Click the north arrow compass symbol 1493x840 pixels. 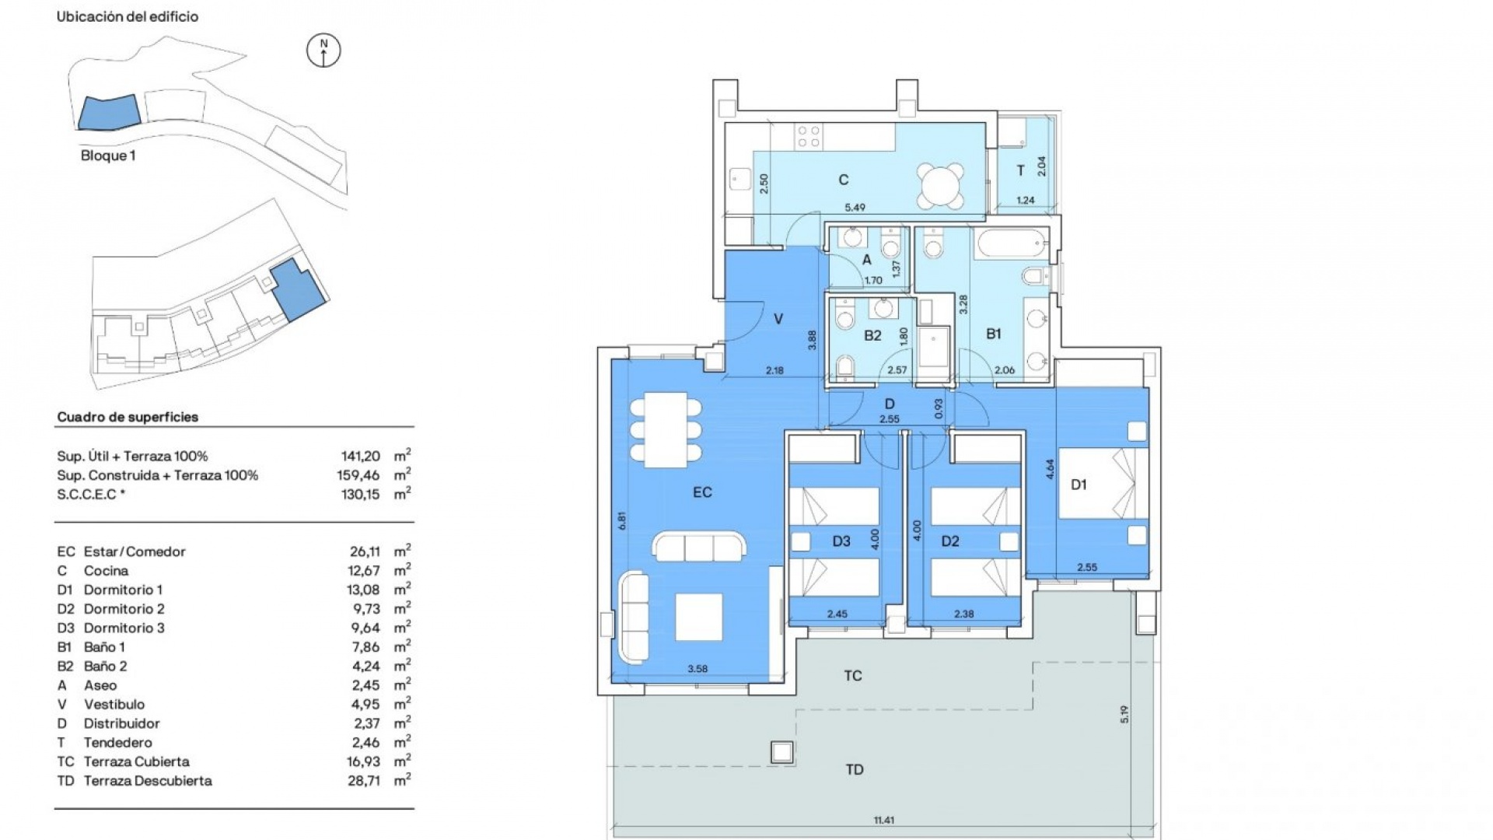coord(323,51)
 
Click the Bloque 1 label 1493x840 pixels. coord(108,156)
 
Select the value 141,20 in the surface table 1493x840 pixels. coord(360,457)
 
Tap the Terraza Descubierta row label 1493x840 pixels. coord(147,781)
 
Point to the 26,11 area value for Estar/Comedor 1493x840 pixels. coord(365,551)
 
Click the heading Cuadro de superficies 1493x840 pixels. coord(128,417)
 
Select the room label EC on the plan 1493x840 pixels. coord(702,492)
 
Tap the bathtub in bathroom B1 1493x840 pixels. coord(1010,246)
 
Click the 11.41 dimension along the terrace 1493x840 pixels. coord(883,821)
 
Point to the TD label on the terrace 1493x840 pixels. coord(854,769)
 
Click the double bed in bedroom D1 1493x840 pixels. coord(1103,483)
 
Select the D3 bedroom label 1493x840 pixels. coord(841,541)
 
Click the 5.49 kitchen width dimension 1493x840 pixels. coord(855,208)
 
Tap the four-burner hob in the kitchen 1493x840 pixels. coord(809,138)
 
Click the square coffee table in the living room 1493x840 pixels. coord(698,617)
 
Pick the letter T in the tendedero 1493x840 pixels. coord(1020,170)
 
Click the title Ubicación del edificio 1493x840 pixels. coord(128,16)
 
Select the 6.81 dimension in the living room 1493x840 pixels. coord(621,520)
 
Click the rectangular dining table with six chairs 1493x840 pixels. coord(666,429)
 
